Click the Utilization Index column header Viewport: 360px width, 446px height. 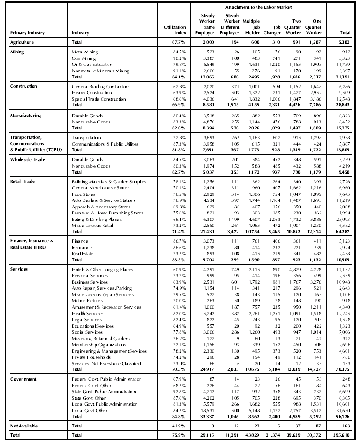[175, 30]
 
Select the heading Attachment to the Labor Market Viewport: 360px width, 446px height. [258, 8]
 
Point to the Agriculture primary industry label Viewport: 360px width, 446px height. [23, 42]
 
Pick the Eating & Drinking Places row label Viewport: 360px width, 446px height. [96, 219]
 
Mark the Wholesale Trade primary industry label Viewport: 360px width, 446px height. [29, 160]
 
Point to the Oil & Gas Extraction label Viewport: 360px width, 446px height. [92, 65]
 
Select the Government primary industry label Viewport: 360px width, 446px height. [24, 379]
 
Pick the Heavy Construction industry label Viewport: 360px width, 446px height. [92, 93]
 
